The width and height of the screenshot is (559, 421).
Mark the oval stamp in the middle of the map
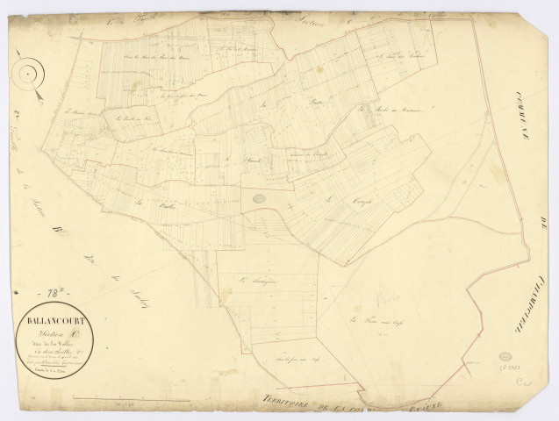260,200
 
